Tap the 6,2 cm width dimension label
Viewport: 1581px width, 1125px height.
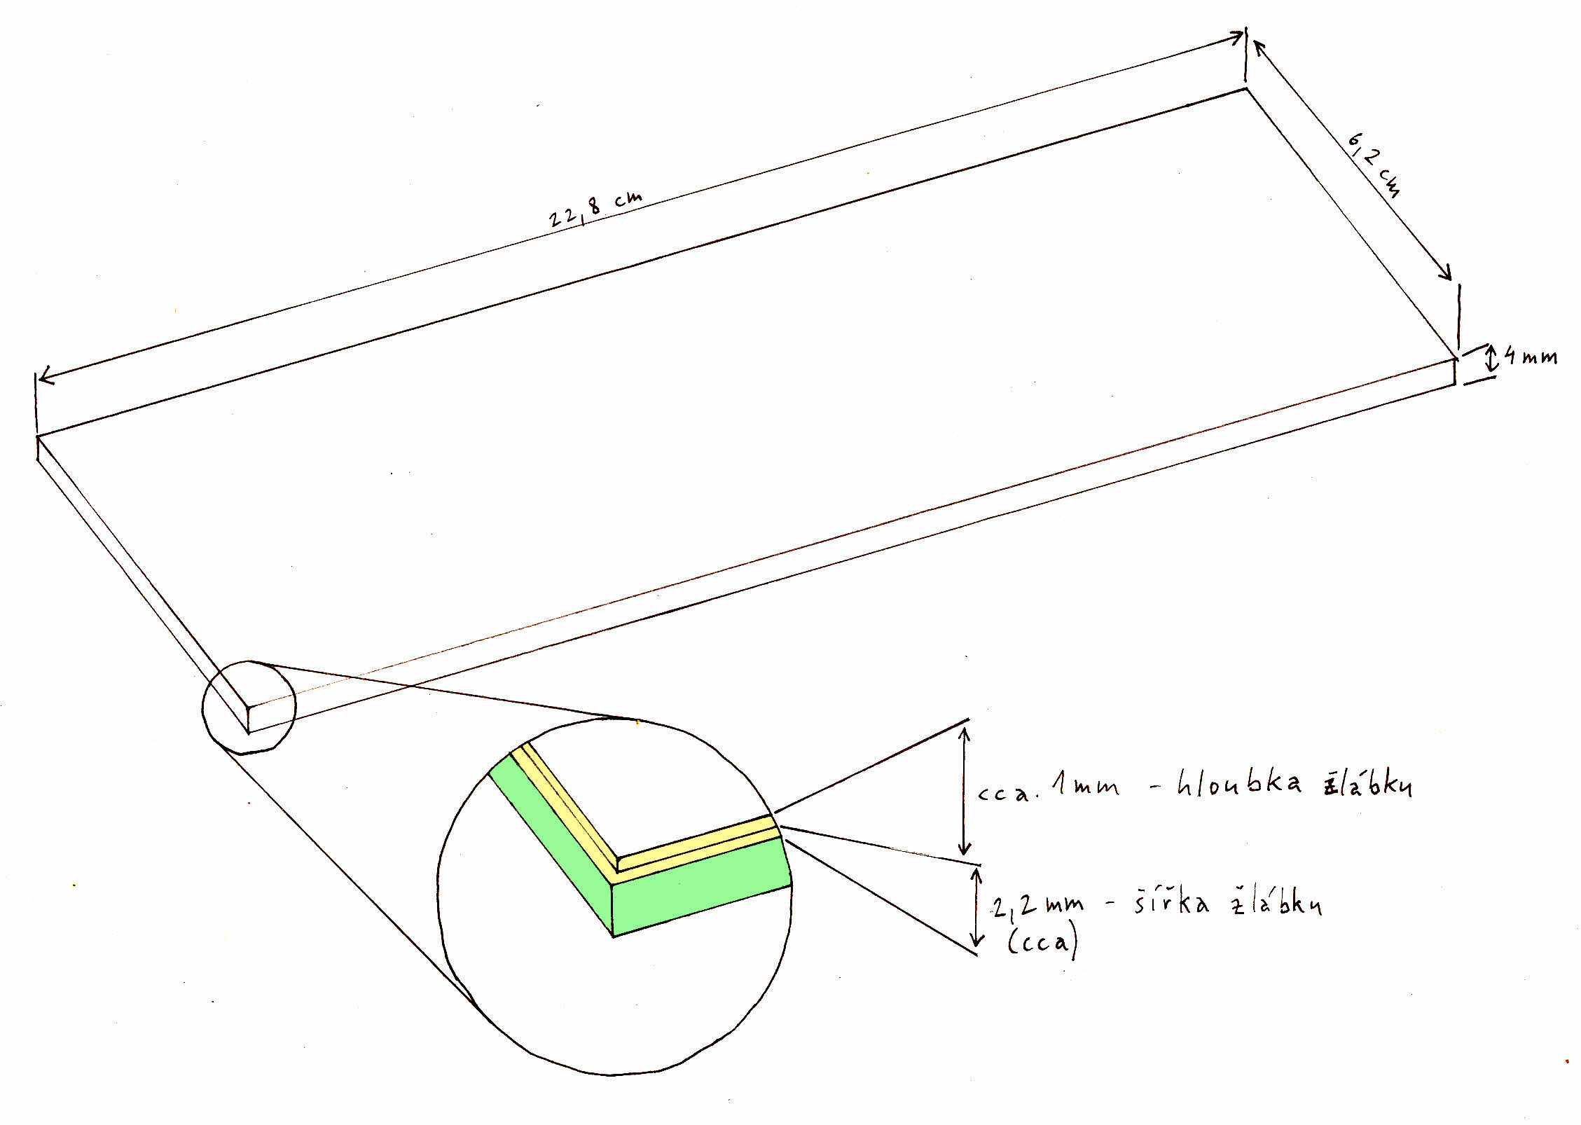[x=1373, y=167]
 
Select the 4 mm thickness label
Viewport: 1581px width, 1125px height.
[x=1531, y=357]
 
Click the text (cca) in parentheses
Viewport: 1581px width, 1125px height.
[x=1042, y=942]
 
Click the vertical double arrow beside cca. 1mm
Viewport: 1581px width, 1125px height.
[x=965, y=792]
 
